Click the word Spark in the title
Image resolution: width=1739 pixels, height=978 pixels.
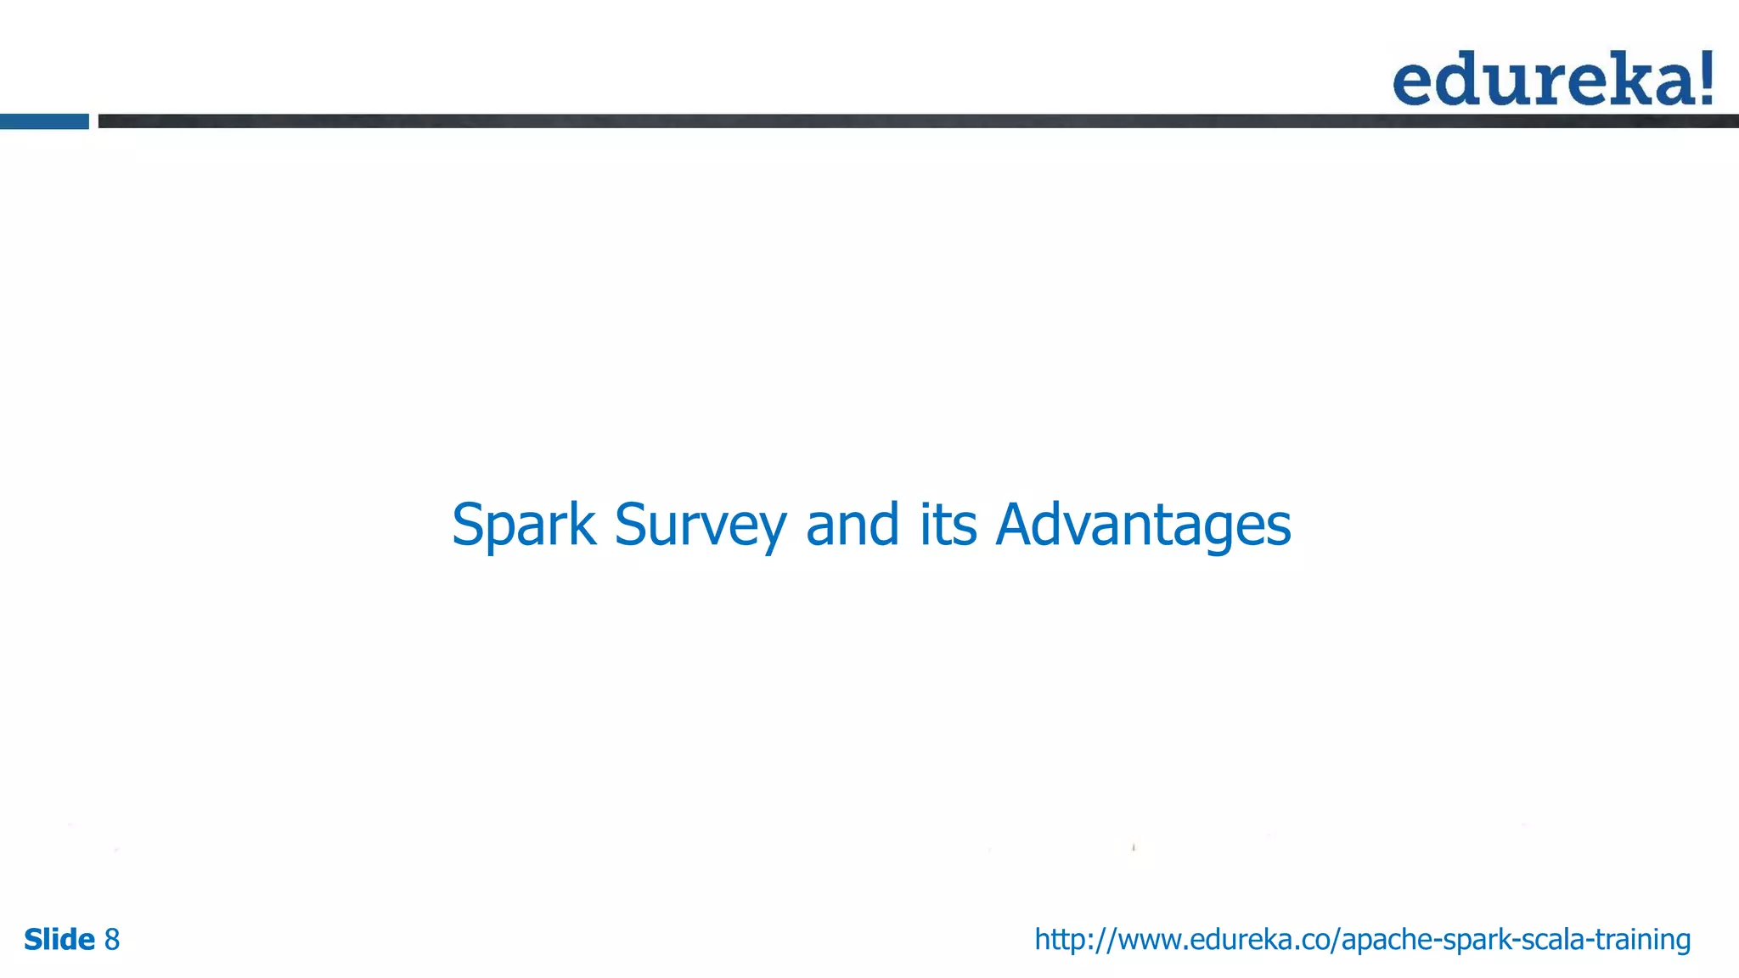[523, 525]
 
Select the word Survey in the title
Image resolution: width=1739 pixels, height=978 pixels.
[700, 525]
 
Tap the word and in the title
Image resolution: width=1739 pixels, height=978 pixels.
[852, 525]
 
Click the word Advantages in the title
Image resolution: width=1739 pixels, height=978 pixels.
[1143, 525]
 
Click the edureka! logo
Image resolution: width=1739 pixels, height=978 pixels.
[1553, 79]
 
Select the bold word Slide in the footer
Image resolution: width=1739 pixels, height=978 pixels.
[59, 940]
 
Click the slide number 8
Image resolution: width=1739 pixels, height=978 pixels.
[112, 940]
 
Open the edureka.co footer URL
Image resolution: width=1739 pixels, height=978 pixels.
[1362, 940]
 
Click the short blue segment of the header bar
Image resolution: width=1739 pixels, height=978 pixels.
[44, 121]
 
